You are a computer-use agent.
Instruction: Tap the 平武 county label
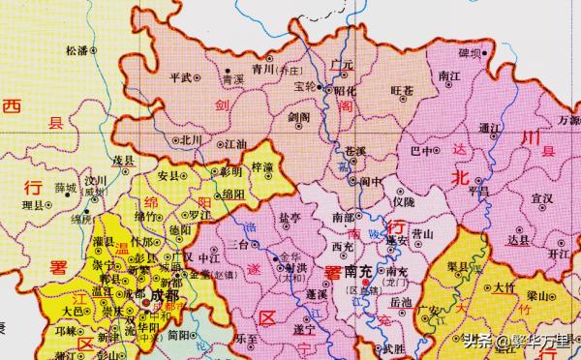(x=180, y=76)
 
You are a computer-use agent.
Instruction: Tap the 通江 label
(x=489, y=126)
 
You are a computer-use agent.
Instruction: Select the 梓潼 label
(x=261, y=166)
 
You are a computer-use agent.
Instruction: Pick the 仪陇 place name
(x=403, y=201)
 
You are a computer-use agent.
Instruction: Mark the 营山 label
(x=422, y=233)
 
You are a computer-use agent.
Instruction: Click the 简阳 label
(x=177, y=334)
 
